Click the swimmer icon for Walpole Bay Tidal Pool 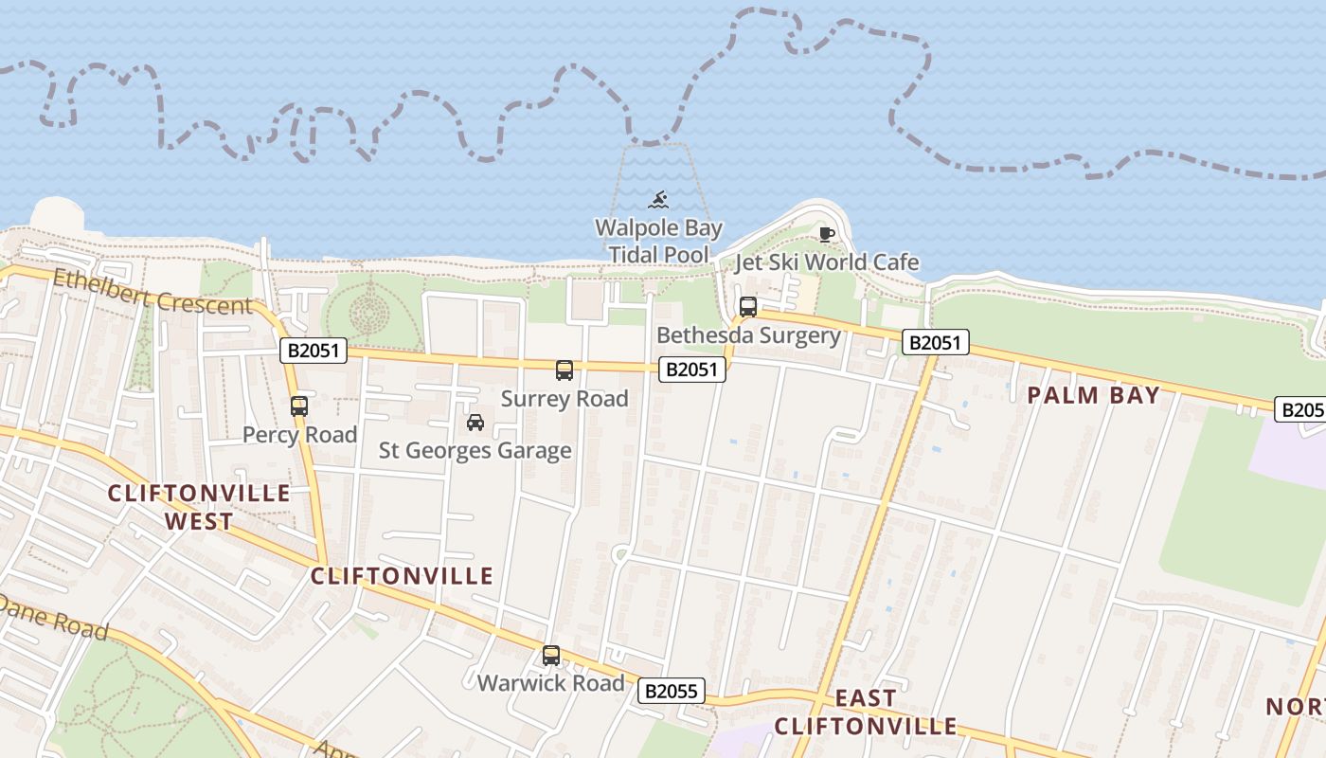click(658, 200)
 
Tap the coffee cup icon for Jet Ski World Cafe click(826, 234)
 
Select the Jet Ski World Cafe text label click(827, 262)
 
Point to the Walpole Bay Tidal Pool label click(658, 242)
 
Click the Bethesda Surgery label click(748, 335)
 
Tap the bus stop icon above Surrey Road click(564, 370)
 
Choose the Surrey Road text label click(564, 399)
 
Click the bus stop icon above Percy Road click(299, 406)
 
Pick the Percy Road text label click(299, 435)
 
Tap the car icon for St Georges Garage click(475, 423)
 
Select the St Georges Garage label click(475, 451)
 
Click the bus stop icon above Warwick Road click(551, 655)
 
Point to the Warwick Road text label click(551, 683)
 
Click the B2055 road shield click(672, 691)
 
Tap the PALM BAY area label click(1094, 396)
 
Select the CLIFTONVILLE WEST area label click(199, 507)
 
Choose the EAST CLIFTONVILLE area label click(866, 713)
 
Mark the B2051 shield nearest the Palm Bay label click(935, 343)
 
